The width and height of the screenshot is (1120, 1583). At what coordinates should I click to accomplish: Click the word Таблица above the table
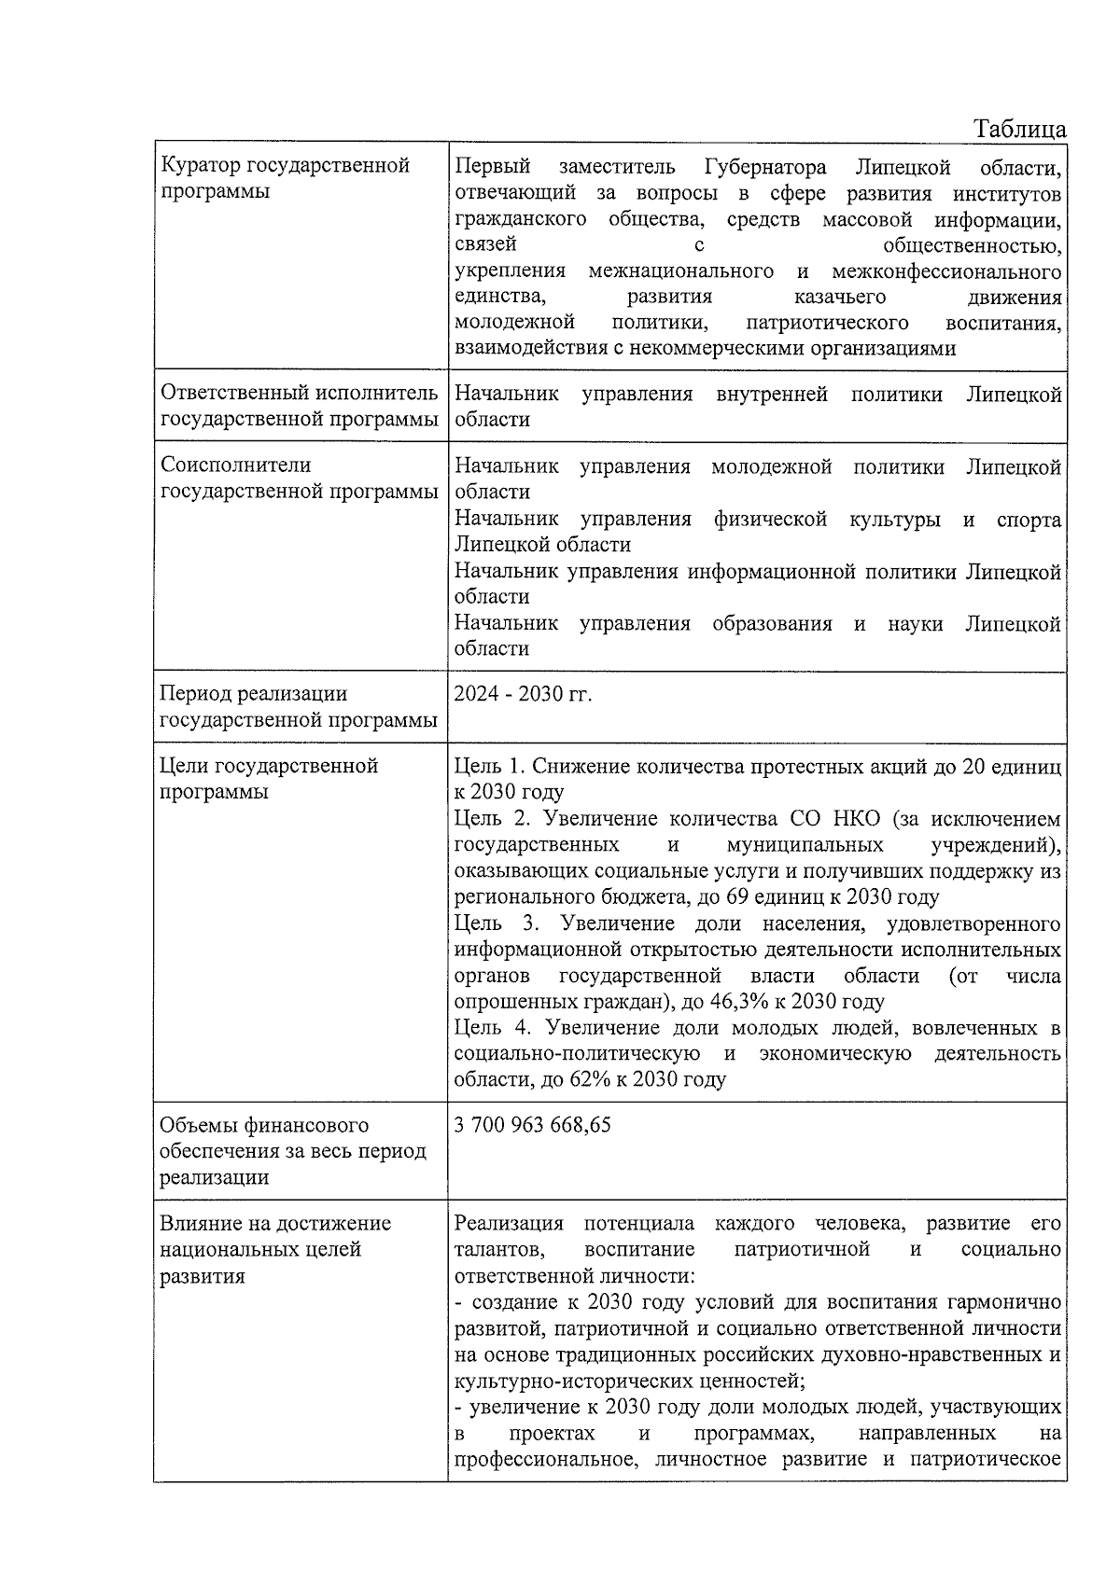(x=1020, y=129)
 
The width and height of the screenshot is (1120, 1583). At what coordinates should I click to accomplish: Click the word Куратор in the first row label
(x=200, y=166)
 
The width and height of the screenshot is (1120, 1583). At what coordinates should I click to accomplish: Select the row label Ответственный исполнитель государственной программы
(x=299, y=407)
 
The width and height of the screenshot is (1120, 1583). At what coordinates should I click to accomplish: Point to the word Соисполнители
(x=235, y=465)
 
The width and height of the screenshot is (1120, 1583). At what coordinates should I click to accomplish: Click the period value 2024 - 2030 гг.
(x=523, y=695)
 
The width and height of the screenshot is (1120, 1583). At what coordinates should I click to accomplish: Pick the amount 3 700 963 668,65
(x=532, y=1126)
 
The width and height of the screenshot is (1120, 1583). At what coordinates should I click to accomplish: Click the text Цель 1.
(x=490, y=767)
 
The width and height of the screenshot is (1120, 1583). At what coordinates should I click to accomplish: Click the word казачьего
(x=839, y=298)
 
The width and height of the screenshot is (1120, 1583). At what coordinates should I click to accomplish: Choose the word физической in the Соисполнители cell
(x=770, y=520)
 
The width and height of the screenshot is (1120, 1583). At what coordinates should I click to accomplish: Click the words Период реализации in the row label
(x=253, y=694)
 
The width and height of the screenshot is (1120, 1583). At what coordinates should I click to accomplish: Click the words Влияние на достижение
(x=275, y=1224)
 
